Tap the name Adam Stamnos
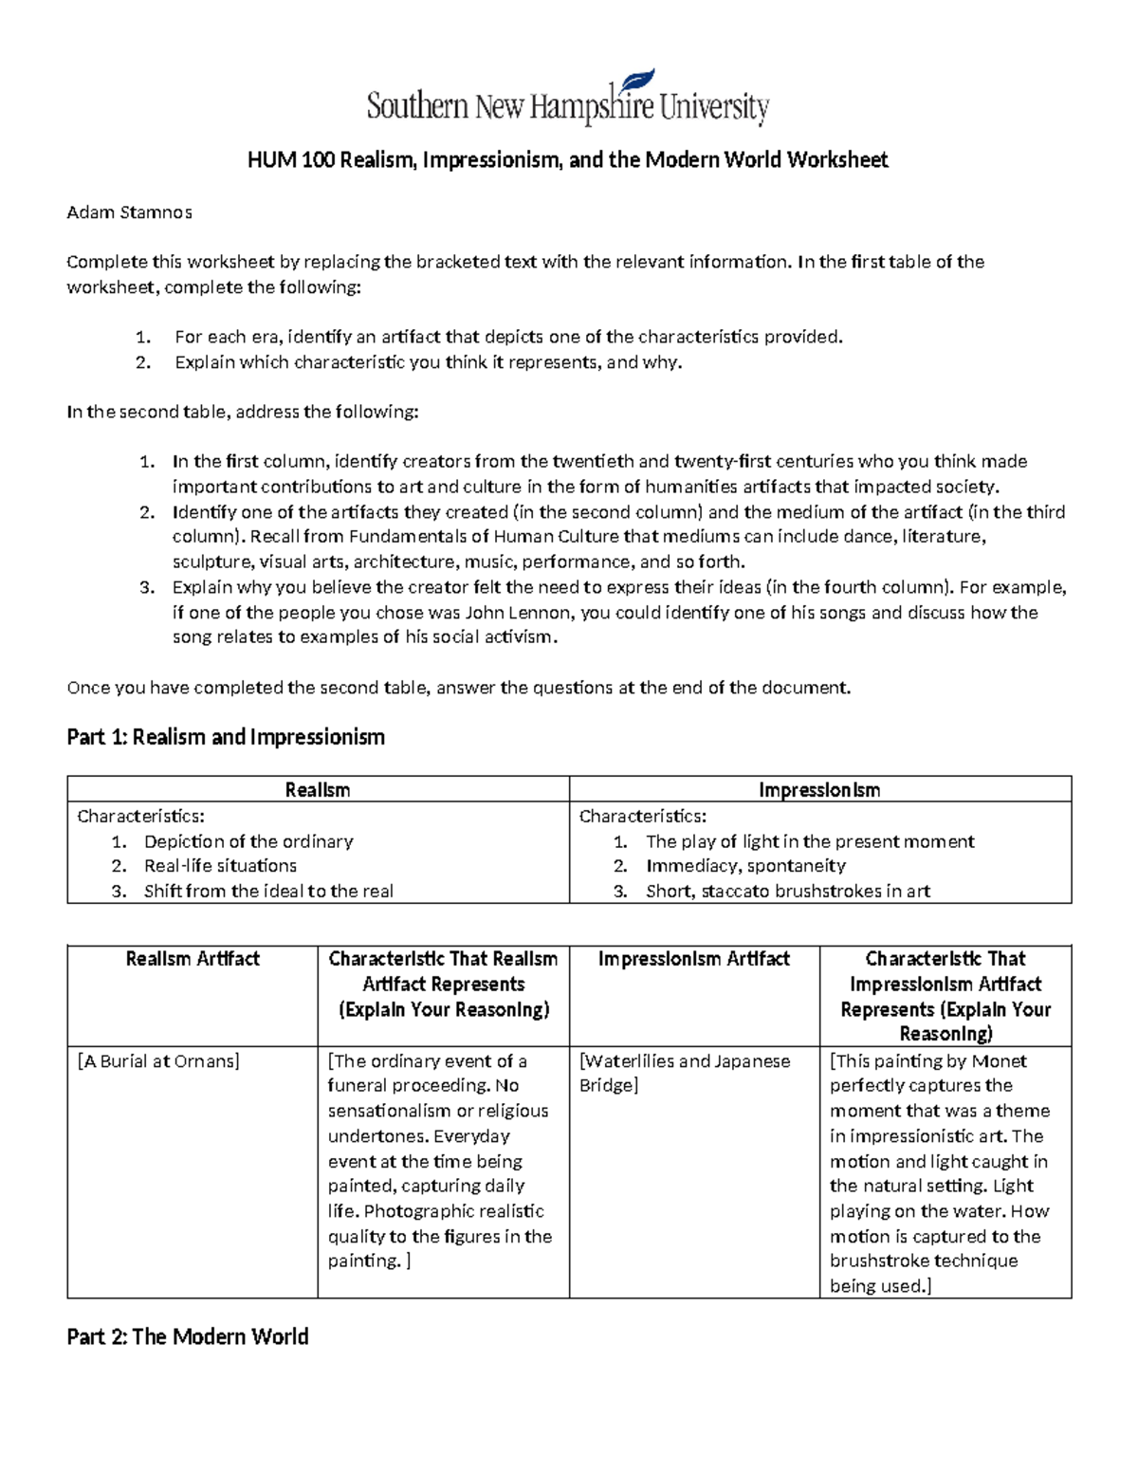click(x=129, y=212)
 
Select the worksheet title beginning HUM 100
click(x=567, y=159)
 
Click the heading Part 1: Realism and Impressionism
click(x=226, y=737)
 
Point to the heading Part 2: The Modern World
click(x=188, y=1336)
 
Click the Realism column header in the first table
click(x=318, y=789)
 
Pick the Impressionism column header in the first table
click(x=819, y=789)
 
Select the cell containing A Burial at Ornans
click(x=157, y=1061)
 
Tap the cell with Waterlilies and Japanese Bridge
click(x=684, y=1073)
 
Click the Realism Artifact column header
click(x=193, y=959)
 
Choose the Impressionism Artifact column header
click(x=693, y=959)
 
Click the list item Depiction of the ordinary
click(x=248, y=841)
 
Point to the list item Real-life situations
click(x=220, y=866)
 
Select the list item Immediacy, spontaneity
click(x=745, y=866)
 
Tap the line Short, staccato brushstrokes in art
click(x=787, y=891)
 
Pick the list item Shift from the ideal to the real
click(x=268, y=891)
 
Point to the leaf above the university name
click(x=636, y=81)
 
